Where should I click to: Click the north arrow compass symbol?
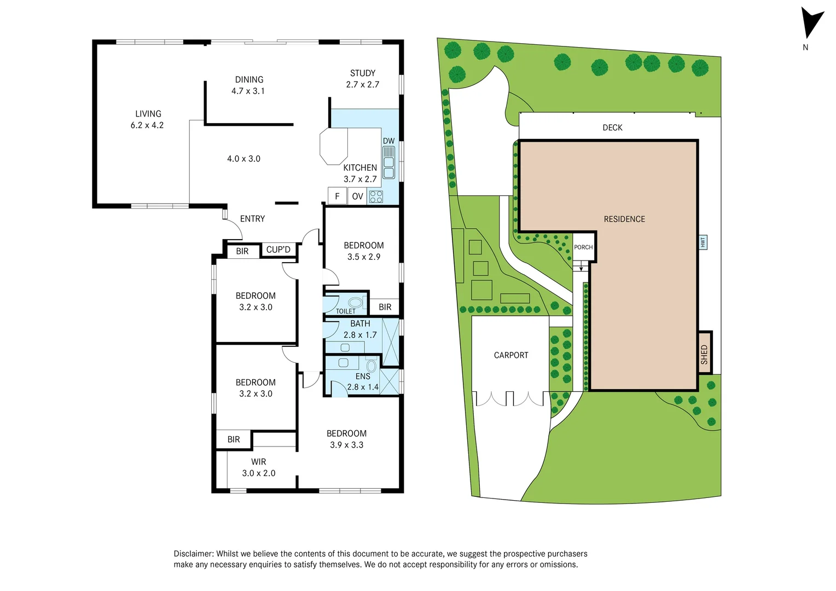pos(811,23)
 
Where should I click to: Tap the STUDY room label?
pos(362,73)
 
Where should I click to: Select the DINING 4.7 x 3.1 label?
pos(249,85)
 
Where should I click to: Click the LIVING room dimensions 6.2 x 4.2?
pos(147,125)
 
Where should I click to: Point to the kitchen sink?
pos(388,163)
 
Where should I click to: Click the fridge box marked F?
pos(337,196)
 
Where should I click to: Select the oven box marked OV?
pos(357,196)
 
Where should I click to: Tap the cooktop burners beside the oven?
pos(376,196)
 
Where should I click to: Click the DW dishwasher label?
pos(388,141)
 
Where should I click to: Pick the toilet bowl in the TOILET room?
pos(355,302)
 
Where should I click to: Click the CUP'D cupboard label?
pos(278,250)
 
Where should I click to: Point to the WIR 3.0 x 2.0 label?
pos(258,467)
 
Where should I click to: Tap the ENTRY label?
pos(252,219)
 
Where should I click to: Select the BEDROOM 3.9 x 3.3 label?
pos(346,439)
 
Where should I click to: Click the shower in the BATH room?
pos(391,341)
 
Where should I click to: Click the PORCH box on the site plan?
pos(583,247)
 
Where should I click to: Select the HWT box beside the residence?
pos(703,242)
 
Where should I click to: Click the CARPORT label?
pos(511,355)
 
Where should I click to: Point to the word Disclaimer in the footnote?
pos(193,554)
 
